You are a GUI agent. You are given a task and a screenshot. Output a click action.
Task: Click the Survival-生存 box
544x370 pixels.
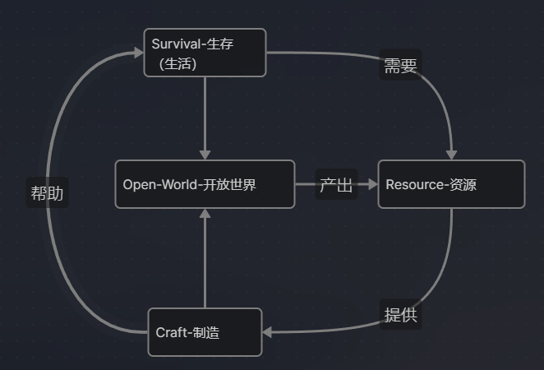pyautogui.click(x=205, y=53)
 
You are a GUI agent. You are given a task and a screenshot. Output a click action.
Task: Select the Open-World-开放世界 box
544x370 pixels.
pyautogui.click(x=205, y=184)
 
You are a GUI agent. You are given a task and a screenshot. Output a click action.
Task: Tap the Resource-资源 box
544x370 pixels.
pyautogui.click(x=451, y=184)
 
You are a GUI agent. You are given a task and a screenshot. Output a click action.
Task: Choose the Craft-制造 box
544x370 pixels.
pyautogui.click(x=205, y=332)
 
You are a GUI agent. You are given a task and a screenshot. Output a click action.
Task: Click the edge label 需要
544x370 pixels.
pyautogui.click(x=400, y=67)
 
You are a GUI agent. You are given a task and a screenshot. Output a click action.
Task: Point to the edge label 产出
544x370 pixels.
pyautogui.click(x=336, y=185)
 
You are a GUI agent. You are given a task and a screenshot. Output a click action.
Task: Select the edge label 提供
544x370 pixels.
pyautogui.click(x=400, y=315)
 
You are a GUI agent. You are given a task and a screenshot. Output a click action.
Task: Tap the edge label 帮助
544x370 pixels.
pyautogui.click(x=47, y=194)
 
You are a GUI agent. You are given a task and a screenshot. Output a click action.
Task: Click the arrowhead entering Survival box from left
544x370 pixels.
pyautogui.click(x=138, y=53)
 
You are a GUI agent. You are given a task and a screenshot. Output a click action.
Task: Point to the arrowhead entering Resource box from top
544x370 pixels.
pyautogui.click(x=451, y=154)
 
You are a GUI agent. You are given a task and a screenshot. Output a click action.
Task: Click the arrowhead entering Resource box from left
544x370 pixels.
pyautogui.click(x=371, y=184)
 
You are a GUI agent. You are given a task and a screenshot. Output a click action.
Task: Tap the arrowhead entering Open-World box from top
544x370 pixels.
pyautogui.click(x=205, y=154)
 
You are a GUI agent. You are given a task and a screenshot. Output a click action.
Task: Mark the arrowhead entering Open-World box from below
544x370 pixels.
pyautogui.click(x=205, y=214)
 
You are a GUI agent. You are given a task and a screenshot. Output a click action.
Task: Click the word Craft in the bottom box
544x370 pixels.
pyautogui.click(x=171, y=333)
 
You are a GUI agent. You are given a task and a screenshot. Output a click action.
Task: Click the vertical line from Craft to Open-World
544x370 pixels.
pyautogui.click(x=205, y=263)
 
